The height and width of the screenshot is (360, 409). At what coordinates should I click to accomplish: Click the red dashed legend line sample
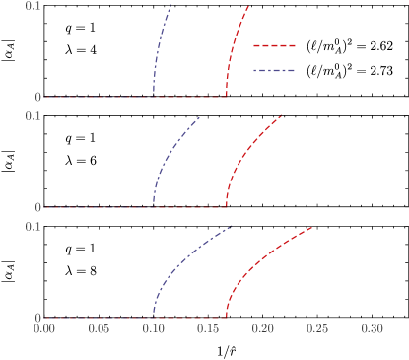pos(274,45)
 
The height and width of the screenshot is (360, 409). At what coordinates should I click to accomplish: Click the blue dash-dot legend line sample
pos(274,71)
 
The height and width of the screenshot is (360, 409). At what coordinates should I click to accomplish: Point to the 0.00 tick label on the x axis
pos(44,329)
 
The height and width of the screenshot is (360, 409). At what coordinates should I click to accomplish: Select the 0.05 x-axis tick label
pos(99,329)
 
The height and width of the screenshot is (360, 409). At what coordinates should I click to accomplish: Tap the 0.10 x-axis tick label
pos(154,329)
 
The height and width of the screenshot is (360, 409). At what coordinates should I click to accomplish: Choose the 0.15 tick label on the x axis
pos(208,329)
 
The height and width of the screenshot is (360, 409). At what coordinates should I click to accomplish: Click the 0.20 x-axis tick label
pos(262,329)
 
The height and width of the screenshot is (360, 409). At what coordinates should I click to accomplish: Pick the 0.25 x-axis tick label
pos(317,329)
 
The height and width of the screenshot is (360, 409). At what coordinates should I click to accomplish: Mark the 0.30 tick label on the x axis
pos(372,329)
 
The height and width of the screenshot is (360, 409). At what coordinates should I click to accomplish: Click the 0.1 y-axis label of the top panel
pos(34,6)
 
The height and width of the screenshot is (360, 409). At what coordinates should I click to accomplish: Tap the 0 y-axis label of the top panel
pos(37,97)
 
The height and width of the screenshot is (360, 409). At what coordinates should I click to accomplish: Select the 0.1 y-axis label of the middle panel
pos(34,116)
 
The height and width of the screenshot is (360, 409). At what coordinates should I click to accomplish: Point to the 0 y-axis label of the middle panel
pos(37,207)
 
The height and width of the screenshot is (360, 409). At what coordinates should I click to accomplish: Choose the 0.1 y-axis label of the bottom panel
pos(34,227)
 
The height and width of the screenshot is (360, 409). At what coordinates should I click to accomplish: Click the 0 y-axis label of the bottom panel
pos(37,318)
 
